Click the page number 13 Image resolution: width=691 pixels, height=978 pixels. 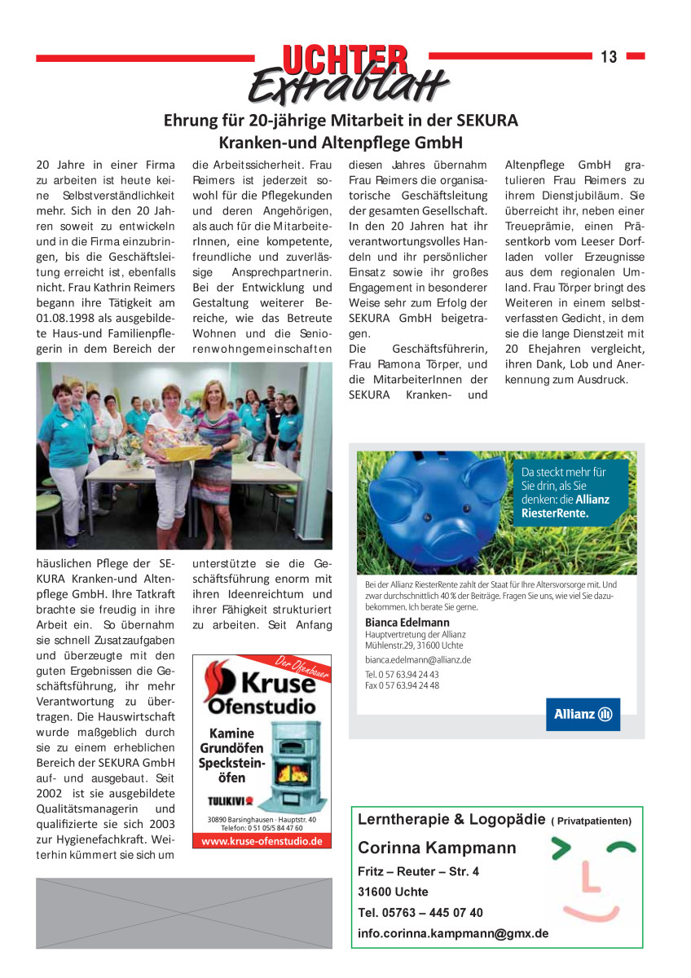click(609, 56)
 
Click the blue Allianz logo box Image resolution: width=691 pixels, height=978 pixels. click(583, 714)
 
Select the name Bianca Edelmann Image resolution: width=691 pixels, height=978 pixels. click(407, 623)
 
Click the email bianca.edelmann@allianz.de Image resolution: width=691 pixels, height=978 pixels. click(417, 659)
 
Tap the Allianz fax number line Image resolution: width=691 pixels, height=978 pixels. click(402, 685)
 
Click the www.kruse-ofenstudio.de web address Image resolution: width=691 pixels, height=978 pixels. click(262, 841)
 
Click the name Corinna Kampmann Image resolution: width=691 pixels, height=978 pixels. click(437, 848)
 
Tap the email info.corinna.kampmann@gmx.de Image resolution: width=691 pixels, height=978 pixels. click(453, 933)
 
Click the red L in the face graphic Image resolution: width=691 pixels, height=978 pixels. click(589, 879)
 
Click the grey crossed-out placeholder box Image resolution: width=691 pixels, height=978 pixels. click(184, 912)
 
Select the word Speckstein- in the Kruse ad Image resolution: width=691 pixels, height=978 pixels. click(231, 763)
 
